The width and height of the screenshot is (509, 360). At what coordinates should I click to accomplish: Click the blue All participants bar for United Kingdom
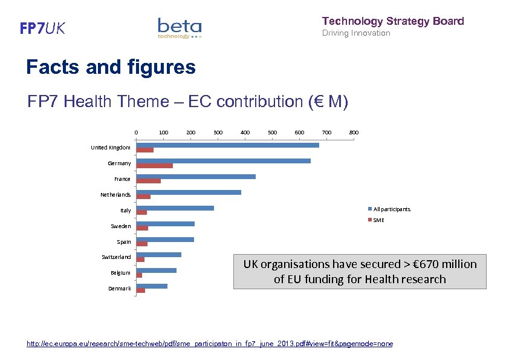(227, 145)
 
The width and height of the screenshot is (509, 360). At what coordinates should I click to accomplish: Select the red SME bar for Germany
(155, 166)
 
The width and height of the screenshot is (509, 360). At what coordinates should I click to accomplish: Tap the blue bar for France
(196, 177)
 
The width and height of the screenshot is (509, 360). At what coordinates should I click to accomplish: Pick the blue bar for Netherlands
(189, 192)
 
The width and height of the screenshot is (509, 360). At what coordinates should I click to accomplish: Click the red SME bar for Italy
(142, 212)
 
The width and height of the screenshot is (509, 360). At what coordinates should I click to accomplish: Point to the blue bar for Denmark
(152, 286)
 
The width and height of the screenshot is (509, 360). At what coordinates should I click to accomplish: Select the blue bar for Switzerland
(159, 255)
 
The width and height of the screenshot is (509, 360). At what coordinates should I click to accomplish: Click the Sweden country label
(120, 226)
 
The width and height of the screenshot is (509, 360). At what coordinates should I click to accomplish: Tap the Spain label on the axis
(123, 242)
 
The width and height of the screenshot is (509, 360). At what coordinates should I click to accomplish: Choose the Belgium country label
(120, 273)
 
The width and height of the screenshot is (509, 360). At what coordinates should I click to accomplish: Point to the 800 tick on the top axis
(354, 132)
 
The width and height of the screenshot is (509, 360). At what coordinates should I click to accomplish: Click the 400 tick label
(245, 132)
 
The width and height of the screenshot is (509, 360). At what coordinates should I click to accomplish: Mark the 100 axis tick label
(163, 132)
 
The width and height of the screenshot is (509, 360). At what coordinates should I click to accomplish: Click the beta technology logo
(180, 28)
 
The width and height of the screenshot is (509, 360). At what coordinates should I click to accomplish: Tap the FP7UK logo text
(42, 28)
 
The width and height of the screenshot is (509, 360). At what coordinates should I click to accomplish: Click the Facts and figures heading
(111, 67)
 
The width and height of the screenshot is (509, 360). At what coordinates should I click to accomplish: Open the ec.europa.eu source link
(210, 344)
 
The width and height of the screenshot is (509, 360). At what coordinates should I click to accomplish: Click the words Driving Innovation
(356, 33)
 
